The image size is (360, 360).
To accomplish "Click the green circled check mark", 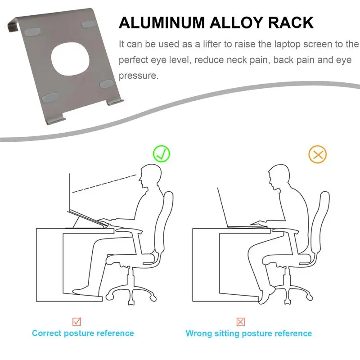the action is [162, 154].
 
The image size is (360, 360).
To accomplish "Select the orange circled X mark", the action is [318, 155].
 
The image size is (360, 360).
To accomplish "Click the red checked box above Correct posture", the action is [77, 321].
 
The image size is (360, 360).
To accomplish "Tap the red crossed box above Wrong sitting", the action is [241, 321].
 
